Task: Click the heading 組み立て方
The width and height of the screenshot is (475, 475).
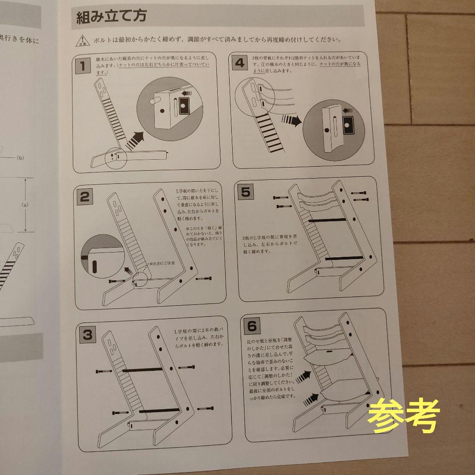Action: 111,18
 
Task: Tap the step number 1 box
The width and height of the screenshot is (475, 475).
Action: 82,66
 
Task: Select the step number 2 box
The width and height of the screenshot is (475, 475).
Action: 85,197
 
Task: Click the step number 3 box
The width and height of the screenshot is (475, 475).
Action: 88,336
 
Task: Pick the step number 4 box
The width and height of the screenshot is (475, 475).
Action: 240,62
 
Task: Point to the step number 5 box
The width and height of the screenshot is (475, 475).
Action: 246,191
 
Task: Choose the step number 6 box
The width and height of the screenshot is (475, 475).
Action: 252,326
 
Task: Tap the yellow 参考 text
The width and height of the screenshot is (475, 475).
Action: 403,416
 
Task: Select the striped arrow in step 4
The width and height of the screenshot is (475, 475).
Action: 290,120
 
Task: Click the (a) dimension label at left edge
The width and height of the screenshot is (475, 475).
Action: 25,205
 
